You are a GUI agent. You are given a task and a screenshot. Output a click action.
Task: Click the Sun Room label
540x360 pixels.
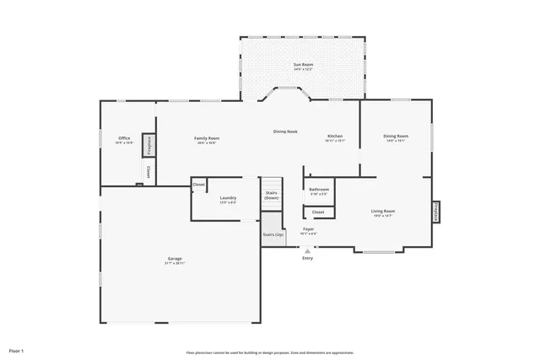(x=303, y=65)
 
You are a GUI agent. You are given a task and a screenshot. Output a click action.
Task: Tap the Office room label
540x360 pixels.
(x=124, y=138)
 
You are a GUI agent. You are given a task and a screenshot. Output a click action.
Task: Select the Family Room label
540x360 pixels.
(x=207, y=138)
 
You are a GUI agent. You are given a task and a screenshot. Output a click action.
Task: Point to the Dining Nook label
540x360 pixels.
(x=285, y=132)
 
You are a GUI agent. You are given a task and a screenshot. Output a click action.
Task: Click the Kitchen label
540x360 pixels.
(x=335, y=136)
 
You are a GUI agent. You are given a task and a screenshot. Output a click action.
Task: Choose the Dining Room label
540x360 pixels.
(x=396, y=136)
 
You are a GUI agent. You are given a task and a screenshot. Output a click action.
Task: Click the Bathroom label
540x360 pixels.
(x=319, y=190)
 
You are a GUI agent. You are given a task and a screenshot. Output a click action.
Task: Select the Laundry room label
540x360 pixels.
(x=228, y=198)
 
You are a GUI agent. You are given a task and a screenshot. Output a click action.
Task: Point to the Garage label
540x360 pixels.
(x=175, y=259)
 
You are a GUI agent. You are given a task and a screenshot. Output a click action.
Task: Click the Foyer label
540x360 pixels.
(x=309, y=228)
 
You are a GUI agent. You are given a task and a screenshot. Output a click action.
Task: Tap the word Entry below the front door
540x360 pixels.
(x=308, y=258)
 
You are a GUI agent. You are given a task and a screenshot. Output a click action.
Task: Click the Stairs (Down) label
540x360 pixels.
(x=272, y=194)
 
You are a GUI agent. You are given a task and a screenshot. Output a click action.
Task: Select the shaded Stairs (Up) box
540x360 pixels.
(x=272, y=235)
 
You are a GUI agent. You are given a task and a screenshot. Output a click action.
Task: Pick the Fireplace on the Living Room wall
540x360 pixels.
(x=435, y=212)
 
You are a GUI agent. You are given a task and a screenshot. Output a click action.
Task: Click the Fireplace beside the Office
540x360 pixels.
(x=148, y=145)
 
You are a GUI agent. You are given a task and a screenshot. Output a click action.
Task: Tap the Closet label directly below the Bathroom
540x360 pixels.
(x=318, y=212)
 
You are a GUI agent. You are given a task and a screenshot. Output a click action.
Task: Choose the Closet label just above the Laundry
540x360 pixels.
(x=199, y=184)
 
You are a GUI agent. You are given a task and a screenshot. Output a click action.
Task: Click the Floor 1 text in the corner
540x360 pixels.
(x=17, y=350)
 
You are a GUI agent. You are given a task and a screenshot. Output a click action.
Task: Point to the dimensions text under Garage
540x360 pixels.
(x=175, y=264)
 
